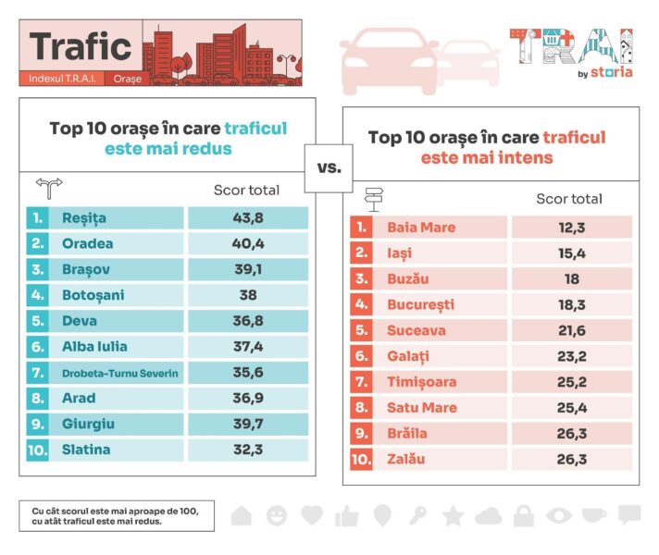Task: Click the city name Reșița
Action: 84,218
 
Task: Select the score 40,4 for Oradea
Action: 247,244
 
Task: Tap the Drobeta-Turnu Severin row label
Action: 119,374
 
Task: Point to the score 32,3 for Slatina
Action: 247,450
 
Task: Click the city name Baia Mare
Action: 421,228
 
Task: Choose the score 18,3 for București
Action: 570,304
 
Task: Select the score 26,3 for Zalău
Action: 570,459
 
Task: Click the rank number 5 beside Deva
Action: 37,322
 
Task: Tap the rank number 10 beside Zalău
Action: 362,459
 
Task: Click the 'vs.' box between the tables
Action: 329,168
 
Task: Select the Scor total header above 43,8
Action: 246,191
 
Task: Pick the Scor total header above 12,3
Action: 569,199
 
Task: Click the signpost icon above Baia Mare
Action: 375,198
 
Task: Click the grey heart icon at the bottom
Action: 312,515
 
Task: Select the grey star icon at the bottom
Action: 453,515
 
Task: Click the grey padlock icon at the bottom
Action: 524,515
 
